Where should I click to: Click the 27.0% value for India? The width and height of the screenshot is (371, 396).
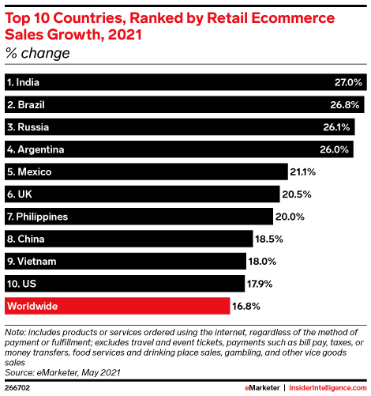coord(348,82)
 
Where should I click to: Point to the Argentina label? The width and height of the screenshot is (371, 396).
coord(36,149)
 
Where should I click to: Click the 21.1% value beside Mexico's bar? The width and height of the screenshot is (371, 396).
coord(303,172)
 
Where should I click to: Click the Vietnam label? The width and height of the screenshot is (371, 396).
coord(33,260)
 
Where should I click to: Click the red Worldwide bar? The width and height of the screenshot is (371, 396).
coord(118,305)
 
